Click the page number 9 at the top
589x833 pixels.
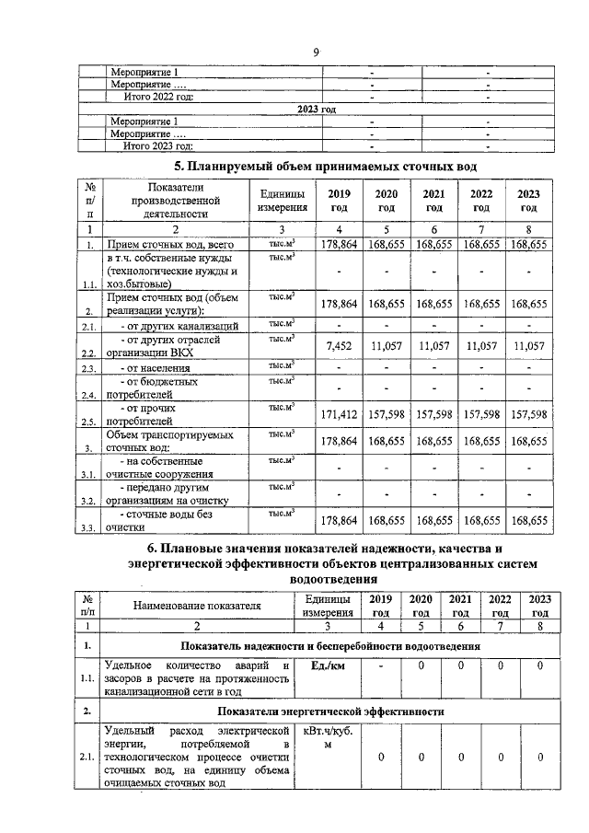(x=315, y=52)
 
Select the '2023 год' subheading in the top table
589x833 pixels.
(x=316, y=109)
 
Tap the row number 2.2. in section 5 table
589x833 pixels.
(x=89, y=353)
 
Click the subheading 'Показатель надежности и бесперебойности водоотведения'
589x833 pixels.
(x=330, y=646)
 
